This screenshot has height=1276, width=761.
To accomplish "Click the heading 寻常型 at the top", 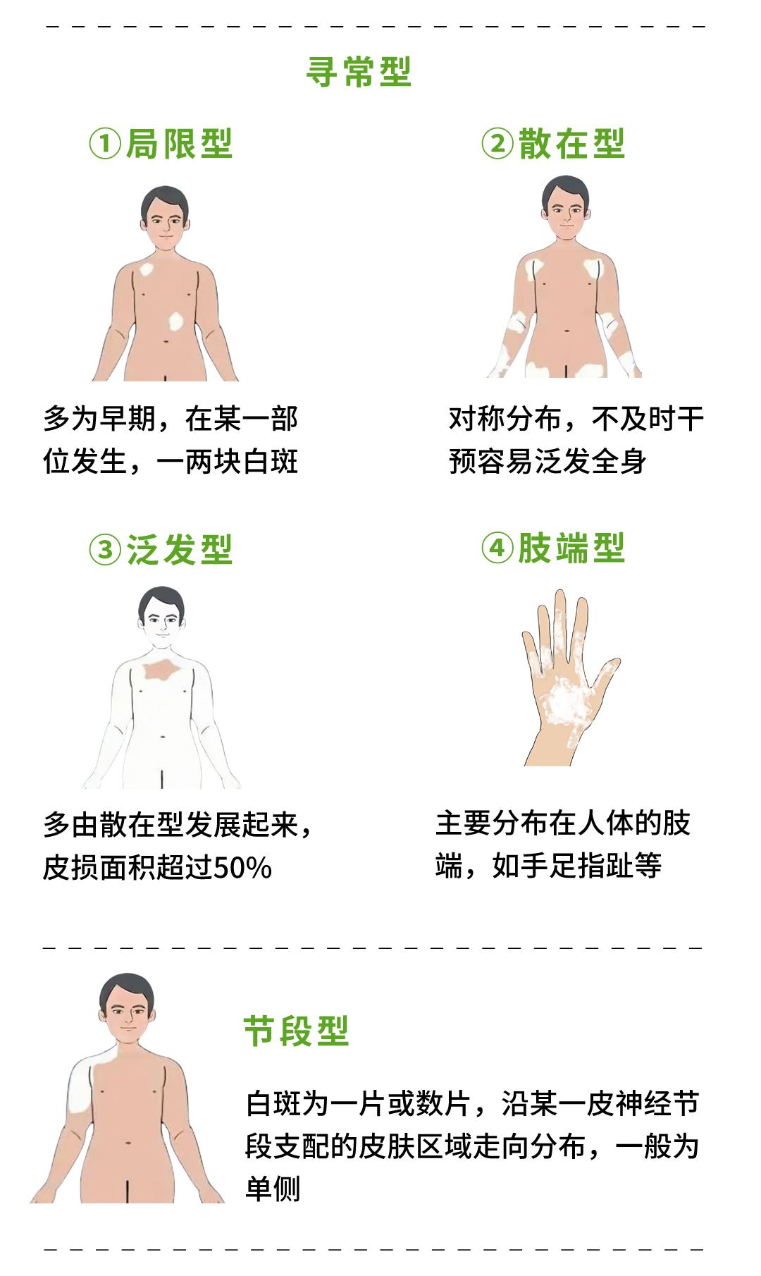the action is (359, 71).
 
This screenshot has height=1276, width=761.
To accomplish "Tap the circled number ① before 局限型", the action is (105, 145).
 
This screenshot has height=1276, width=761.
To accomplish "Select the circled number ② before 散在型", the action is (497, 145).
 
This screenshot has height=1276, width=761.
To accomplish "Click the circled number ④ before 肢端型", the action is (497, 549).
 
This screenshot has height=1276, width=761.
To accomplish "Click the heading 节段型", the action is (296, 1031).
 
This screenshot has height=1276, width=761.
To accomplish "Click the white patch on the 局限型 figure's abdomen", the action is (177, 321).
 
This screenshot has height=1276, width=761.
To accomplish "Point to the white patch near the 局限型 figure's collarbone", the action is (148, 269).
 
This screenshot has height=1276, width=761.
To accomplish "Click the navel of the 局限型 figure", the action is (166, 342).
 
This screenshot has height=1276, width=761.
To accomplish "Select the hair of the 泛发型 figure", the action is (161, 601).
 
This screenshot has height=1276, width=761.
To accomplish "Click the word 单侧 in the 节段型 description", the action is (273, 1189).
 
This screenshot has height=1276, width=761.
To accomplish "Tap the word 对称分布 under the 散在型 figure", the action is (505, 419).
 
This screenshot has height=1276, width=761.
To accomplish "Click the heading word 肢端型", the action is (571, 549).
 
